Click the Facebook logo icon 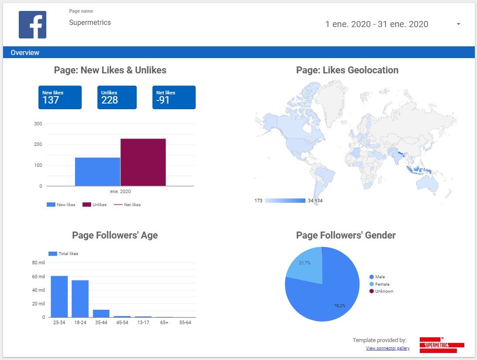click(32, 24)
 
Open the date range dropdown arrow click(458, 24)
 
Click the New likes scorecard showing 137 click(60, 97)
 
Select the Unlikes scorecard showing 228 click(117, 97)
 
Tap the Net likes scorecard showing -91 click(176, 97)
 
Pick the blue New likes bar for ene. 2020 click(97, 172)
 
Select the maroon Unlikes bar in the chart click(143, 163)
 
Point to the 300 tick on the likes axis click(38, 124)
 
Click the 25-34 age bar click(59, 297)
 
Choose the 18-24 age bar click(80, 299)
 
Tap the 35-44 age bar click(101, 313)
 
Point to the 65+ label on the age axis click(164, 323)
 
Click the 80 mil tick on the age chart click(38, 263)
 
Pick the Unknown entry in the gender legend click(384, 291)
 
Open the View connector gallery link click(387, 348)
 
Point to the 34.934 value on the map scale click(315, 201)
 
